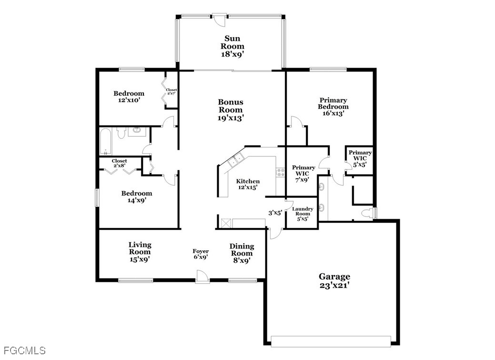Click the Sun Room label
click(x=232, y=42)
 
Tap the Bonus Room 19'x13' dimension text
click(x=231, y=118)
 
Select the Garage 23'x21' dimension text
click(x=334, y=286)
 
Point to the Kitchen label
click(x=248, y=181)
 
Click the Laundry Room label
click(x=303, y=211)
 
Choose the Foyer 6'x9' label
click(x=201, y=254)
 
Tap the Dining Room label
click(x=242, y=250)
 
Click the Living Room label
click(x=140, y=248)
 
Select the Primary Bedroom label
click(x=333, y=103)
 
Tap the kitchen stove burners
click(x=280, y=173)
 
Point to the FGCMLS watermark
click(x=25, y=350)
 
